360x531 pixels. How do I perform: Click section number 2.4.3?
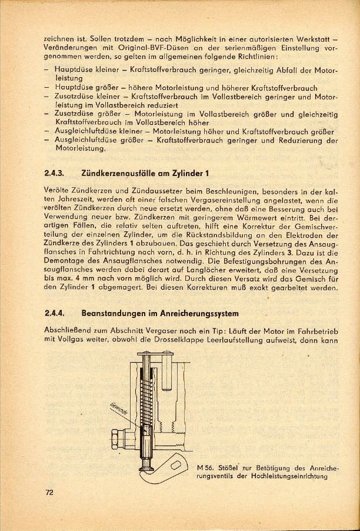[x=54, y=174]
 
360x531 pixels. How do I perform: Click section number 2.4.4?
[x=54, y=313]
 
